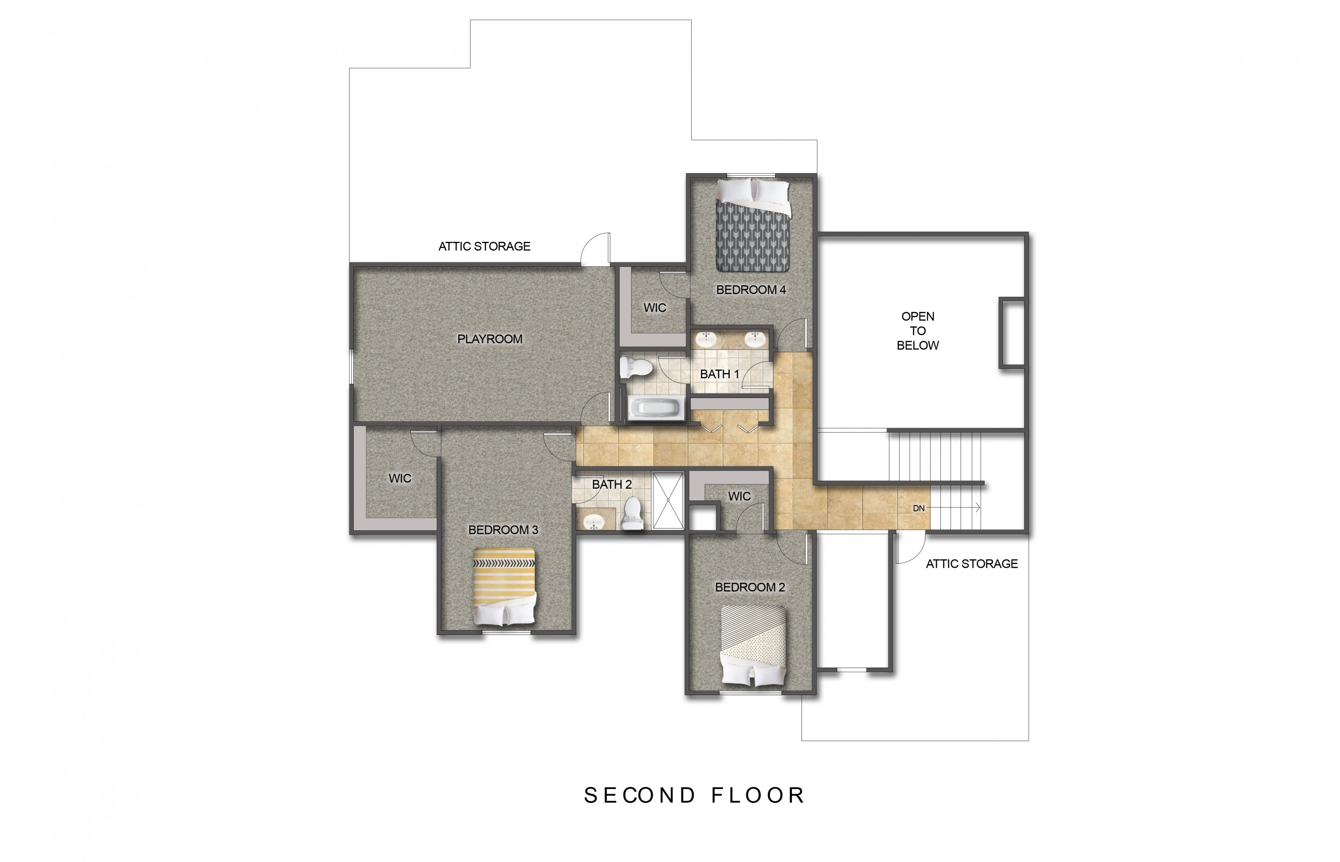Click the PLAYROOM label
(490, 339)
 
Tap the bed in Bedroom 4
(753, 225)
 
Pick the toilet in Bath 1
(636, 367)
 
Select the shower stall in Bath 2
(668, 500)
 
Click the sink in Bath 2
(593, 522)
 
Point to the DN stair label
(918, 508)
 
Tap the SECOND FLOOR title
(694, 795)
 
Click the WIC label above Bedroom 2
(739, 496)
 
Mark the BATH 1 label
(719, 374)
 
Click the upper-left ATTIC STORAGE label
(484, 246)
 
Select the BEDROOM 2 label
(750, 587)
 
